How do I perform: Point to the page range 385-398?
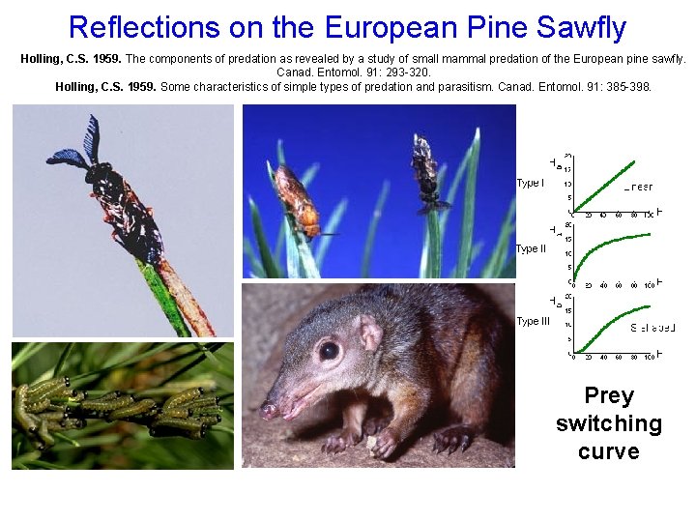[624, 87]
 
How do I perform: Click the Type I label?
[530, 183]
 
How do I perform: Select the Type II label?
[531, 249]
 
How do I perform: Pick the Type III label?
[533, 321]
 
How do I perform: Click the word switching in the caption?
[608, 423]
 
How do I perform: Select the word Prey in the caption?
[608, 395]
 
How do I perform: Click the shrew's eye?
[329, 350]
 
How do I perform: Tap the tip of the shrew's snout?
[266, 411]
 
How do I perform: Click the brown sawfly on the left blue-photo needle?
[294, 198]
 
